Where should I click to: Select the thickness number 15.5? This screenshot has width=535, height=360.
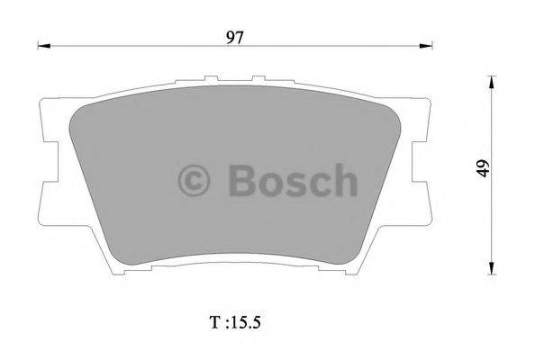247,321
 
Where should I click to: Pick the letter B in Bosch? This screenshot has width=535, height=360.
241,180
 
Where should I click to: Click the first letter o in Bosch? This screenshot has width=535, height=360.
268,184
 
